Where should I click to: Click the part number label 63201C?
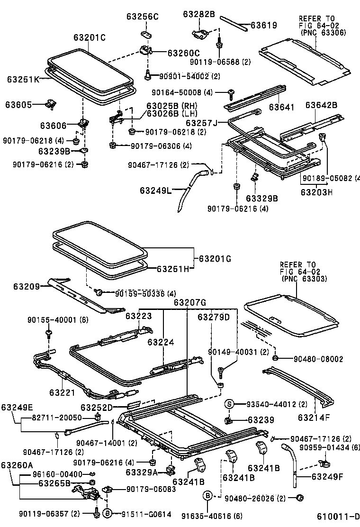90,37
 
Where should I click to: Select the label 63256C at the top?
142,17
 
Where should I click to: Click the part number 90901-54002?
180,76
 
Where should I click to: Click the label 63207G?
189,302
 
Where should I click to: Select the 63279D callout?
214,317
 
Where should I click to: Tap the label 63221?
62,392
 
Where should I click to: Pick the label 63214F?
314,418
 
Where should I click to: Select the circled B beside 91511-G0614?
108,513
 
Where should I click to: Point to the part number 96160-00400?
58,474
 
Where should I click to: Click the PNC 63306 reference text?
323,33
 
